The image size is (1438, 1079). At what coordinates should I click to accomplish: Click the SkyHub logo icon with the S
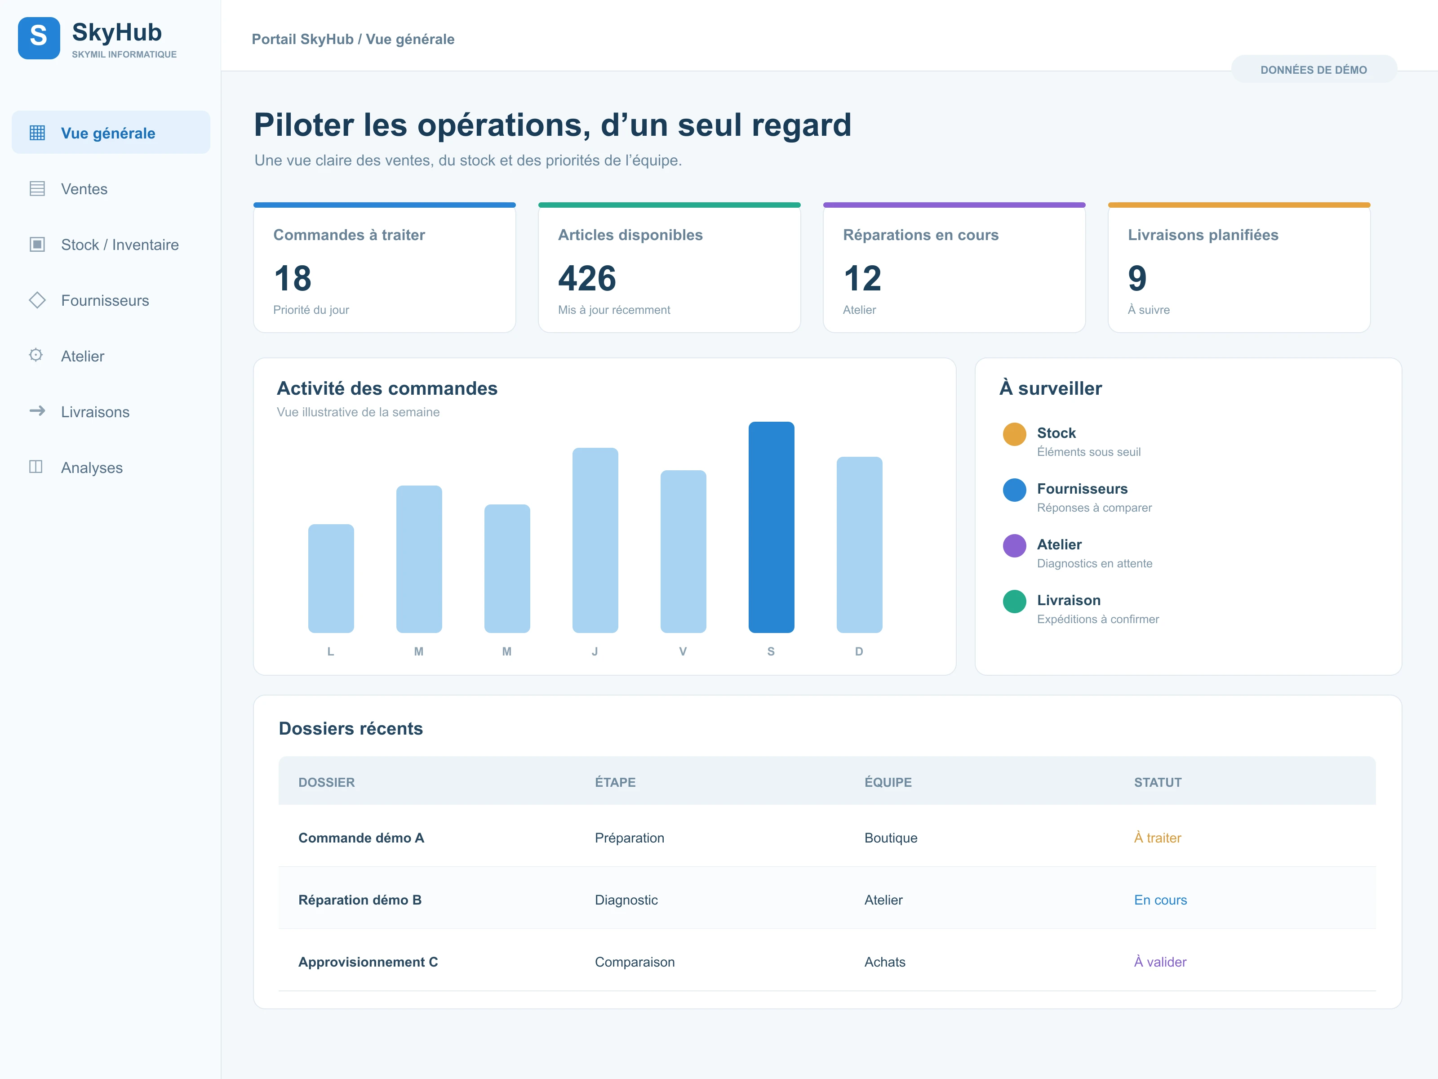39,38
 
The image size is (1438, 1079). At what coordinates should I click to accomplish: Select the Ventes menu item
84,189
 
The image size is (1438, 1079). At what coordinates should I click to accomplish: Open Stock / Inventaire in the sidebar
120,245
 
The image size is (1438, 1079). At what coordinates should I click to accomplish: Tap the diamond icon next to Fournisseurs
37,300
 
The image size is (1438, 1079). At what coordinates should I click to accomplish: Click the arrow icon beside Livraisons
37,411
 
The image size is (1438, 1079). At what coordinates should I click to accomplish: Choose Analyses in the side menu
92,468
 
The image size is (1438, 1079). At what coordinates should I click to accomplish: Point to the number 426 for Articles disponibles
587,278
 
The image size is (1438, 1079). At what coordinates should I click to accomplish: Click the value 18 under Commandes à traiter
293,278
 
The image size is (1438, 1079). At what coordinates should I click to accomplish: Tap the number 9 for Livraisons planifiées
1137,278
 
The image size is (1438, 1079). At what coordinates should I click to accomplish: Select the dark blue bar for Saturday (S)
771,527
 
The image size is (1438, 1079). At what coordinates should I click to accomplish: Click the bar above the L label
331,578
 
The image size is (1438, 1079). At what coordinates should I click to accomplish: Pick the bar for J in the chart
595,540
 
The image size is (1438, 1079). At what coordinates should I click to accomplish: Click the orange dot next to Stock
1014,434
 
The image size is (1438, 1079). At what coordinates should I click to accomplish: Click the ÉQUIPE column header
888,782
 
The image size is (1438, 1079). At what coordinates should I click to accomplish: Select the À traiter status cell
1157,838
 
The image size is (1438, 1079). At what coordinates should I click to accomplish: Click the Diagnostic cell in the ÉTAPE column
626,900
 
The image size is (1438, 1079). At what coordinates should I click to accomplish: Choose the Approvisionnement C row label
368,962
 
